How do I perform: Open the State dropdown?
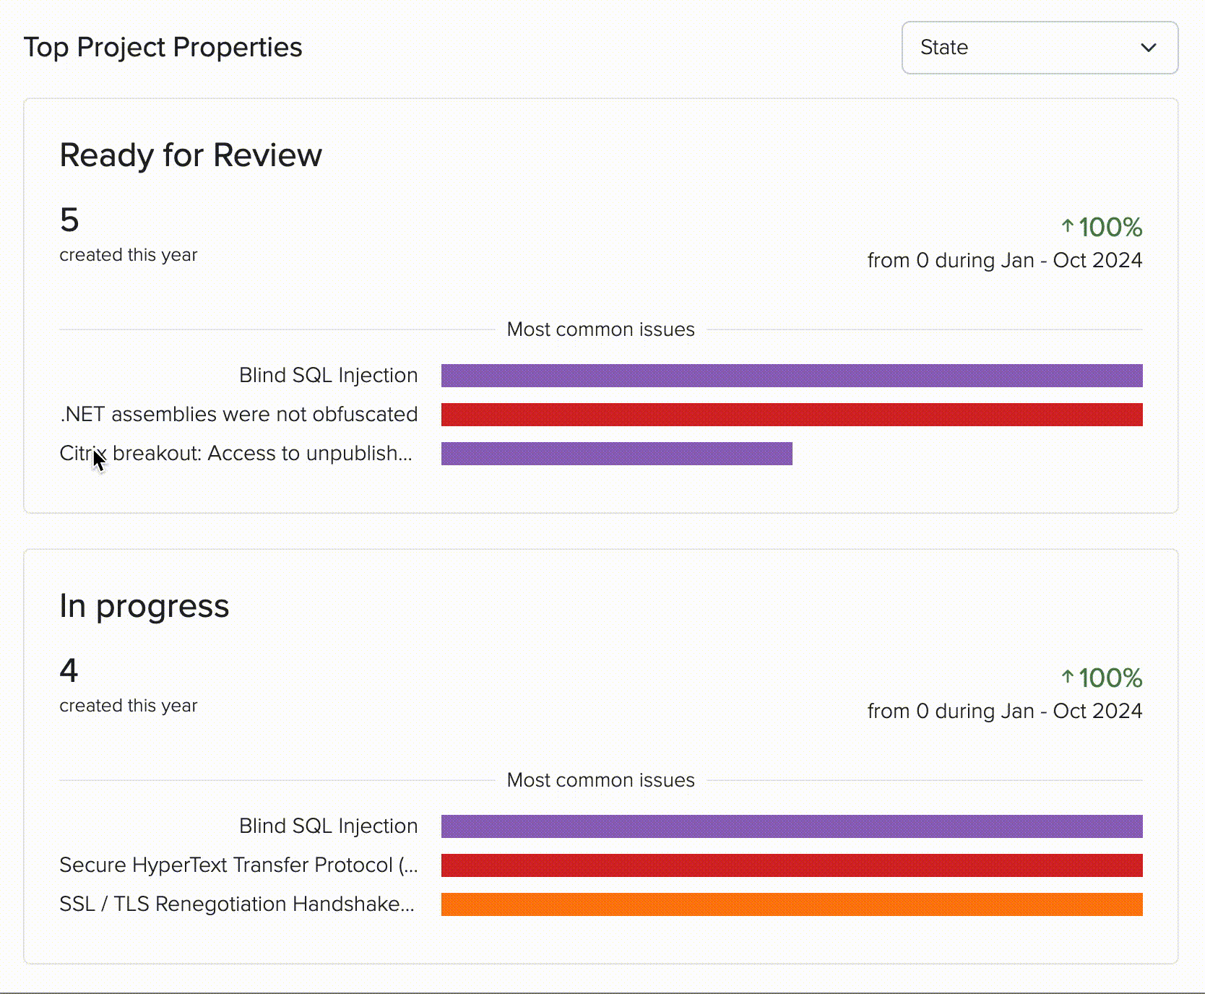(x=1039, y=48)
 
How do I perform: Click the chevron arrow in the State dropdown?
(x=1148, y=48)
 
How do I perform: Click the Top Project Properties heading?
(x=163, y=48)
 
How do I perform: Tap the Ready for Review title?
(x=191, y=155)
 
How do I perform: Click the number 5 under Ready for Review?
(x=69, y=220)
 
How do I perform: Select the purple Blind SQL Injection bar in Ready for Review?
(x=791, y=376)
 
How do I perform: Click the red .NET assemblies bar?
(x=791, y=415)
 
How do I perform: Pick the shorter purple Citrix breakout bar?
(x=616, y=454)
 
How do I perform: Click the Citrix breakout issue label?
(x=236, y=454)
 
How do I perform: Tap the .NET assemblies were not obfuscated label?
(x=238, y=415)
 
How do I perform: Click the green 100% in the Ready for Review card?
(x=1110, y=228)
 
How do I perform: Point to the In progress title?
(x=144, y=606)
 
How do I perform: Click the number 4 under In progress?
(x=69, y=671)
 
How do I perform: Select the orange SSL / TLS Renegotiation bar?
(x=791, y=904)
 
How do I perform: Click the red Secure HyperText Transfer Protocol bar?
(x=791, y=865)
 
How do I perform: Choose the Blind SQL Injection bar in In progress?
(x=791, y=826)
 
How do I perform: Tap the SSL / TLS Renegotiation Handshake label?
(x=237, y=904)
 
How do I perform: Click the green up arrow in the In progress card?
(x=1067, y=677)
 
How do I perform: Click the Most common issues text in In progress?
(x=600, y=780)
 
